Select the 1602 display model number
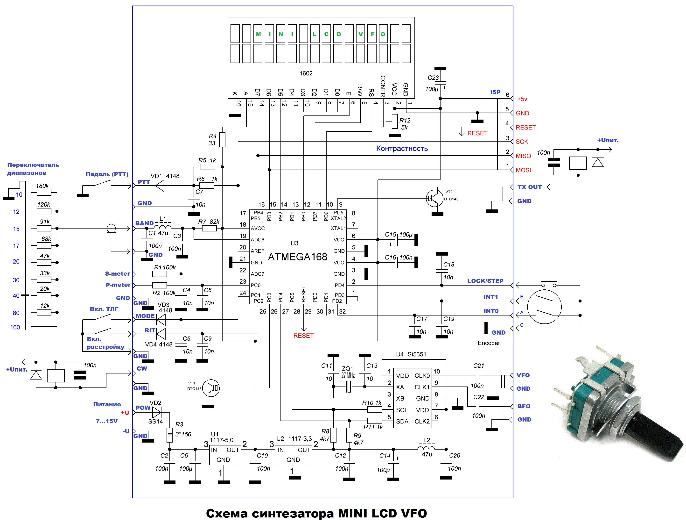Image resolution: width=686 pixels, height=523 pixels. tap(306, 73)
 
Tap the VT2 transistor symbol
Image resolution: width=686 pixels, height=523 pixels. tap(434, 198)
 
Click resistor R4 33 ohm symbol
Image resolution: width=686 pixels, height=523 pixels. tap(222, 139)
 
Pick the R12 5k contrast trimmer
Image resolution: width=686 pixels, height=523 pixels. tap(394, 122)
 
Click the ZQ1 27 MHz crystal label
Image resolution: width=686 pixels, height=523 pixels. tap(348, 372)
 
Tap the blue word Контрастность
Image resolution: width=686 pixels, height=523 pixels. tap(402, 149)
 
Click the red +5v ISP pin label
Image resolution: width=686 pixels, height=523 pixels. tap(522, 99)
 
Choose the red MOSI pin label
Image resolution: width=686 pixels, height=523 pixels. tap(523, 170)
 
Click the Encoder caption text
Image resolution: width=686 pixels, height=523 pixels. tap(489, 343)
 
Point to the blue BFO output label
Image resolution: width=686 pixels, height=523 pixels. tap(524, 406)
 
